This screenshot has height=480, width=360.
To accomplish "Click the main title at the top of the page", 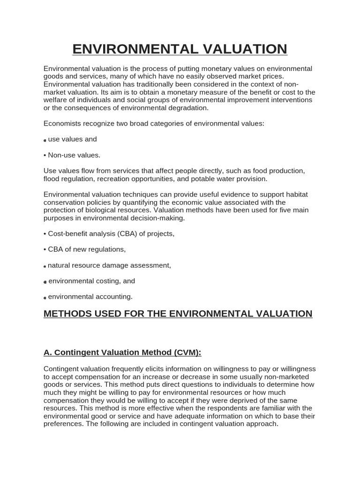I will [180, 49].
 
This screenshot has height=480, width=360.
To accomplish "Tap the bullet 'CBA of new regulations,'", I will [87, 249].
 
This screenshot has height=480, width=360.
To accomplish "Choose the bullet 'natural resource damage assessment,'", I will [109, 265].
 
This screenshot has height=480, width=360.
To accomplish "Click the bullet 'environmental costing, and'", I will [91, 281].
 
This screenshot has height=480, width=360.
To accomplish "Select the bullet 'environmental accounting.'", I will [90, 297].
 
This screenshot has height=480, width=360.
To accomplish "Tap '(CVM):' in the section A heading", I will [185, 352].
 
